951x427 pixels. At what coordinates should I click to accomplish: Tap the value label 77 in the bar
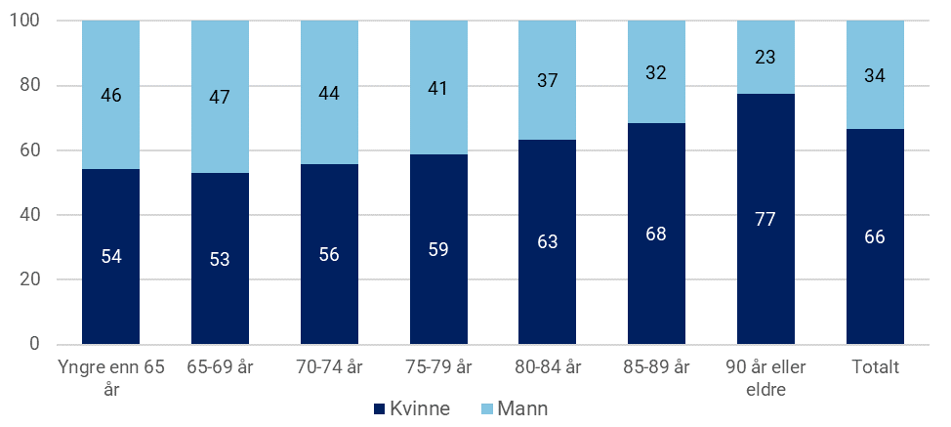tap(765, 219)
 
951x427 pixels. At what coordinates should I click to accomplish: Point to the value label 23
tap(765, 58)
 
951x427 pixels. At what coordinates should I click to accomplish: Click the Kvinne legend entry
tap(410, 408)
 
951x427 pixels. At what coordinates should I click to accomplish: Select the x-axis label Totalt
tap(875, 367)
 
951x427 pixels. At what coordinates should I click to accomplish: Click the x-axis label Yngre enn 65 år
tap(110, 376)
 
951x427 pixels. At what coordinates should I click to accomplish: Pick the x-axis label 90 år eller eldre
tap(765, 376)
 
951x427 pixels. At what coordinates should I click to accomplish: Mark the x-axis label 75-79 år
tap(438, 367)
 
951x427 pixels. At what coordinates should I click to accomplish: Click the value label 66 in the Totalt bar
tap(875, 236)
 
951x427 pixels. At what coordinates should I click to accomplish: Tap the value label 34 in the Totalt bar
tap(875, 75)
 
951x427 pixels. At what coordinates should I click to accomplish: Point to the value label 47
tap(220, 97)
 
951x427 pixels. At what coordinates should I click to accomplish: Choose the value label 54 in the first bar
tap(110, 256)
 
